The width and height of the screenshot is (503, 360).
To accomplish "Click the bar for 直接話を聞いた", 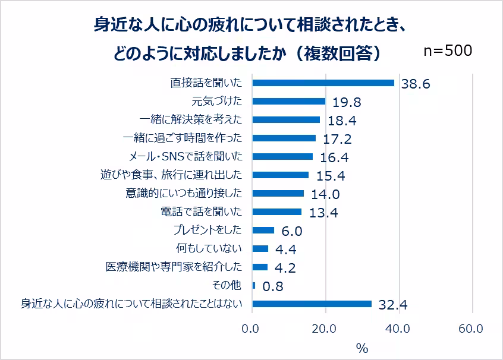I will (x=323, y=83).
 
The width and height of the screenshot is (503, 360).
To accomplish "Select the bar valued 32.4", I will (x=312, y=304).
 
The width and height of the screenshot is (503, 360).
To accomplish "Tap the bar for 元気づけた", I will (x=288, y=101).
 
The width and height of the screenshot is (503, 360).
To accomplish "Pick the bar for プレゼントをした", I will (x=263, y=230).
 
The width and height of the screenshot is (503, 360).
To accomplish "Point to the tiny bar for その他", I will (x=254, y=286).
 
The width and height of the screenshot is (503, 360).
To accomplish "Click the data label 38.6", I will (x=415, y=84).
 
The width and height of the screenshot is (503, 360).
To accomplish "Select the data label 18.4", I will (x=341, y=121).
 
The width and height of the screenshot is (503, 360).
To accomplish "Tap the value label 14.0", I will (x=325, y=195).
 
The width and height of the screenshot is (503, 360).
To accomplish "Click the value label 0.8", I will (x=272, y=287).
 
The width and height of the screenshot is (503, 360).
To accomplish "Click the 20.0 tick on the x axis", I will (x=325, y=328).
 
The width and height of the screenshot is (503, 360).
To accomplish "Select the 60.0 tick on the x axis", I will (x=471, y=328).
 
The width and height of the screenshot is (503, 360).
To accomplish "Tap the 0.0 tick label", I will (x=251, y=328).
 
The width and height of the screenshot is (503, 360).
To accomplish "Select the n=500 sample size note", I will (x=448, y=51).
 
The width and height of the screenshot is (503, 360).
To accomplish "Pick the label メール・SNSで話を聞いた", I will (x=186, y=157).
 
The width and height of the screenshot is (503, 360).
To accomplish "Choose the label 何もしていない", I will (x=209, y=249).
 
